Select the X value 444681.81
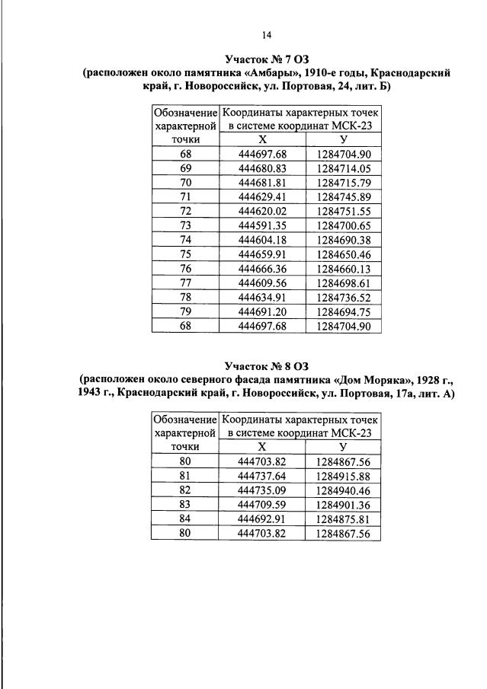(x=261, y=182)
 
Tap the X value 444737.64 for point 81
(x=261, y=476)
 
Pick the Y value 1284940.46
(x=341, y=490)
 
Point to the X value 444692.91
(x=261, y=518)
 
